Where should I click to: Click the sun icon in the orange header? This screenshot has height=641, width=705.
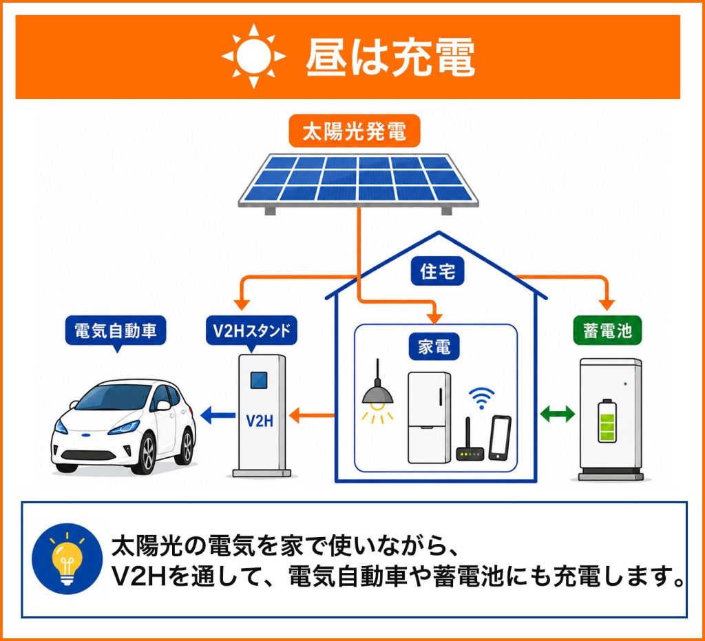253,56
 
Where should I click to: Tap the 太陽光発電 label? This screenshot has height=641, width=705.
355,132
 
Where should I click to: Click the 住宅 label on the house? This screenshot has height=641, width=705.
437,271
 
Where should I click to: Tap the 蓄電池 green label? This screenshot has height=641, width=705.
607,331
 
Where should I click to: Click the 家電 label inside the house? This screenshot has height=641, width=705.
434,346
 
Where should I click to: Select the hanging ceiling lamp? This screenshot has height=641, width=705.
378,391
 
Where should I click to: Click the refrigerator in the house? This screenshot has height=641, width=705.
429,418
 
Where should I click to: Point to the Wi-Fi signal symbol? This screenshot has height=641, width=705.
481,398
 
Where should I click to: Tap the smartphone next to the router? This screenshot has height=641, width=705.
500,438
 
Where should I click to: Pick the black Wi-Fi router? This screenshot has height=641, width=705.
470,445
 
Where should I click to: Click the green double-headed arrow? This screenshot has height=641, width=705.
556,414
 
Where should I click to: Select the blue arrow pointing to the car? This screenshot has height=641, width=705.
218,415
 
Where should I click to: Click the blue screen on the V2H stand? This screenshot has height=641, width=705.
259,380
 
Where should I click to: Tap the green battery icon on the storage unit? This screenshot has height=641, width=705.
607,421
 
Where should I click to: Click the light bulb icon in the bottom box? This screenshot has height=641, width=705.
67,559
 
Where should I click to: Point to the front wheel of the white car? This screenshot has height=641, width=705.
147,451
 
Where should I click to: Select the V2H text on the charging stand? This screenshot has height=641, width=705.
260,421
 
